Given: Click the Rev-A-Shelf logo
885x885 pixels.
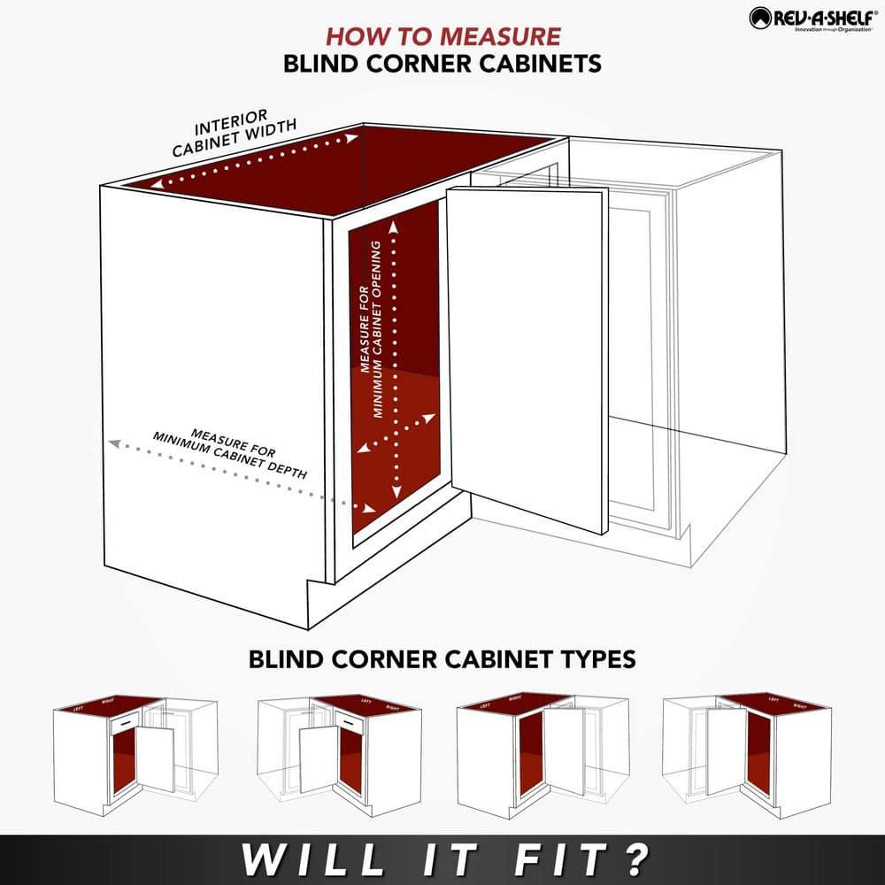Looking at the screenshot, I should [812, 18].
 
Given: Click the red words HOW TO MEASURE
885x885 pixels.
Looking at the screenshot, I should [442, 36].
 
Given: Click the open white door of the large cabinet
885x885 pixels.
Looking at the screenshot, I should [528, 354].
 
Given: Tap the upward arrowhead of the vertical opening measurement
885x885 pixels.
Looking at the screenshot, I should [395, 226].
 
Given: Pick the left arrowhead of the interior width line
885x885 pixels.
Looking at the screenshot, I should [155, 186].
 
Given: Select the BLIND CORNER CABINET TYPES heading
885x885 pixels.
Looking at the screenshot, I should [442, 659].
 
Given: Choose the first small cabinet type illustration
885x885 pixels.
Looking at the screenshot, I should [135, 752].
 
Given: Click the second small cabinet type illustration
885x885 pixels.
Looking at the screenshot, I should [339, 752].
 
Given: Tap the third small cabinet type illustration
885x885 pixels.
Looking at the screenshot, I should [543, 752].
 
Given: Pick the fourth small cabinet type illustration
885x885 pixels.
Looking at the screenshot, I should [748, 752].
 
